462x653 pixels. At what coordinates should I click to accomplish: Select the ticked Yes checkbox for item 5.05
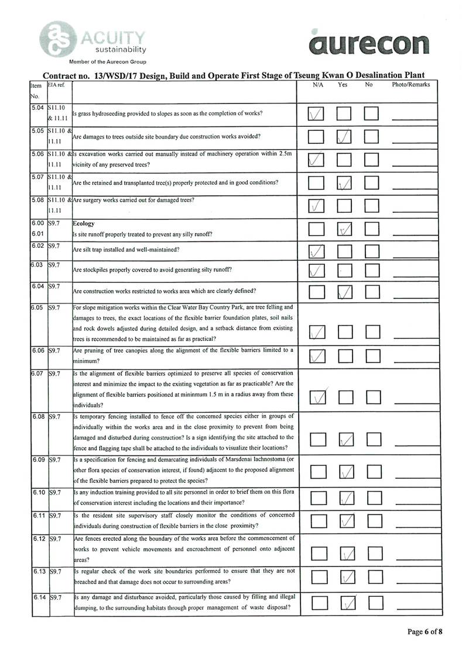click(x=345, y=137)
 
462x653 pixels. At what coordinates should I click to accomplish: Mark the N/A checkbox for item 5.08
click(x=316, y=206)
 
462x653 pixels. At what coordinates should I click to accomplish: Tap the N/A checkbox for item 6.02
click(x=317, y=251)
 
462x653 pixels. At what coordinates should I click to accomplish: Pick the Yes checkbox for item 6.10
click(x=347, y=498)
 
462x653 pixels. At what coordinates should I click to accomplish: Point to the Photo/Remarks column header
click(x=410, y=85)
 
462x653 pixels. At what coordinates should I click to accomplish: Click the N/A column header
click(x=318, y=85)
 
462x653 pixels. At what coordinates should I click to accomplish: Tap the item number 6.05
click(x=39, y=307)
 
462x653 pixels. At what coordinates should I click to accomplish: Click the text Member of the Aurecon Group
click(x=108, y=61)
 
